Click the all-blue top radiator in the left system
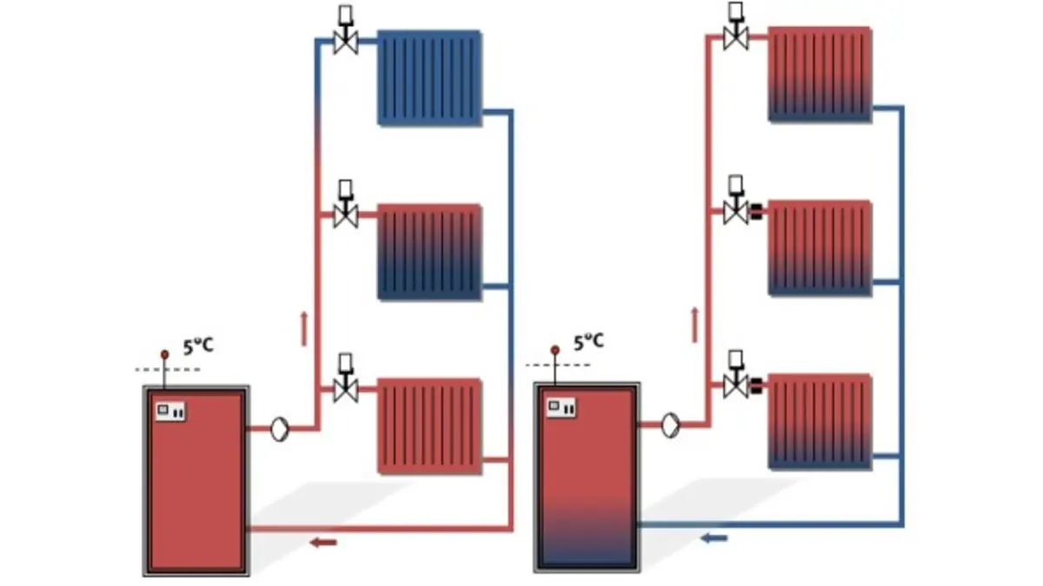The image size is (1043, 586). point(429,78)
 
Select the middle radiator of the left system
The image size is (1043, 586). point(429,252)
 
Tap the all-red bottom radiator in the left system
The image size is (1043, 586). point(429,426)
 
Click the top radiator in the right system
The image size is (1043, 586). point(820,75)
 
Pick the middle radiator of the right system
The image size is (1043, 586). point(820,248)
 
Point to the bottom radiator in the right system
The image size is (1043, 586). point(820,422)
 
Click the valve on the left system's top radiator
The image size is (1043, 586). point(346,30)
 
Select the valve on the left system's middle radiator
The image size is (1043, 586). point(346,204)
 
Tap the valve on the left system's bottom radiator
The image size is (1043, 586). point(346,378)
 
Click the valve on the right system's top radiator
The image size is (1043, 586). point(735,26)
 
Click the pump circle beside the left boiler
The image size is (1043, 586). point(279,429)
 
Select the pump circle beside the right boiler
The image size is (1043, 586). point(670,425)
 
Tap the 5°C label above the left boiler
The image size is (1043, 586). point(198,346)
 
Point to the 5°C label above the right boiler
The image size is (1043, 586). point(588,342)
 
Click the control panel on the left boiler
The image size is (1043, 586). point(170,412)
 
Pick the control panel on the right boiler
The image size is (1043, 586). point(561,407)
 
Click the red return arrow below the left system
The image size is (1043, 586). point(323,543)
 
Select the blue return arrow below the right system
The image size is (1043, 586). point(714,538)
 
